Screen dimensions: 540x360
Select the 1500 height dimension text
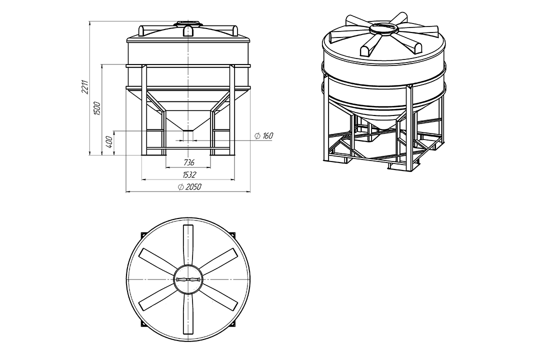click(x=97, y=108)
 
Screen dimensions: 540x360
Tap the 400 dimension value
click(x=109, y=141)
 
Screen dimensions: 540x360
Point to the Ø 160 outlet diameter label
click(x=264, y=135)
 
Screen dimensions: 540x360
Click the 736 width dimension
click(x=188, y=162)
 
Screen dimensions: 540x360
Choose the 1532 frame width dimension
click(x=189, y=174)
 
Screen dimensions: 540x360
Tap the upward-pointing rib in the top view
click(x=188, y=245)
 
